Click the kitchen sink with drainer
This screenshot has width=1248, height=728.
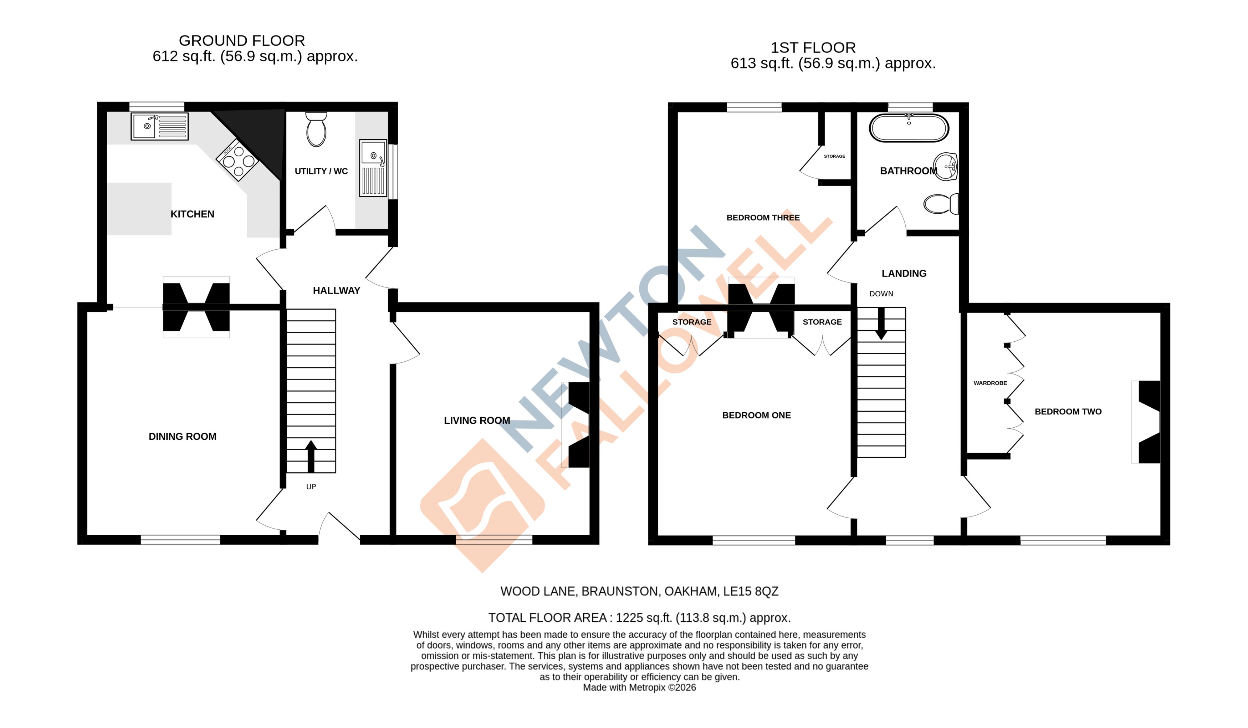[159, 126]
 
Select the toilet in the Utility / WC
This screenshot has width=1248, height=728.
[316, 130]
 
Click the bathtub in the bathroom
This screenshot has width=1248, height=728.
[909, 128]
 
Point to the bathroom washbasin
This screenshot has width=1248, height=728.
[946, 167]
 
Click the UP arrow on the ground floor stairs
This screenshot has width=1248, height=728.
[311, 455]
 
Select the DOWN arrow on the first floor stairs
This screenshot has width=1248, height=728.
[881, 323]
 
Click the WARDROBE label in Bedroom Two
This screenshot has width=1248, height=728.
[990, 383]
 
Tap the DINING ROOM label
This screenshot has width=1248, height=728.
[182, 436]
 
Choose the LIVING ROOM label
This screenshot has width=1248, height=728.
[476, 421]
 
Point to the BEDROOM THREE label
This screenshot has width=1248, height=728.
[763, 218]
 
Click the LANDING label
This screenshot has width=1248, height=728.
[904, 273]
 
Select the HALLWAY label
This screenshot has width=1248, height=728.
[336, 291]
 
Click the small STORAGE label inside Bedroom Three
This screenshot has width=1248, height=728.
[834, 156]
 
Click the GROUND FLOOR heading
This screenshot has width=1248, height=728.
[242, 41]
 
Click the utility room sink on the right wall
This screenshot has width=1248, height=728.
[373, 167]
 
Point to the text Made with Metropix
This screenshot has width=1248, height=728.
[624, 687]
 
